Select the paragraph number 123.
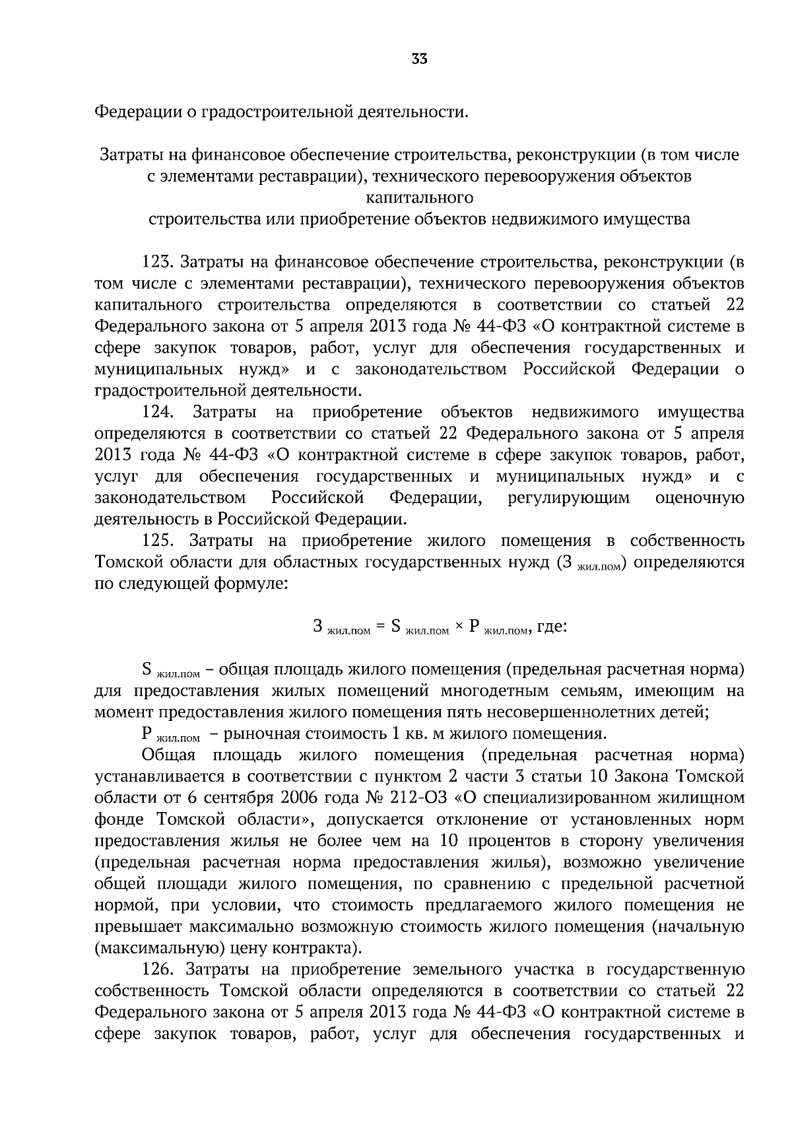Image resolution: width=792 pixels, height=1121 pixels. click(158, 262)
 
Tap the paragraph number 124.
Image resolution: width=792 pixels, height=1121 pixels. click(158, 413)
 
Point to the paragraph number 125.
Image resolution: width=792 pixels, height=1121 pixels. click(158, 541)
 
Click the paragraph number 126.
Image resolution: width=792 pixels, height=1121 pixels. click(158, 970)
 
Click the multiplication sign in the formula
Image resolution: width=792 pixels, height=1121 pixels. click(459, 627)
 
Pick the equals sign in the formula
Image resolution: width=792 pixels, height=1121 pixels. click(380, 627)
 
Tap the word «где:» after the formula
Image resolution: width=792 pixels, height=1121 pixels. click(552, 626)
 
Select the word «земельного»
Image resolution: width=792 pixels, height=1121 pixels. click(457, 970)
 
